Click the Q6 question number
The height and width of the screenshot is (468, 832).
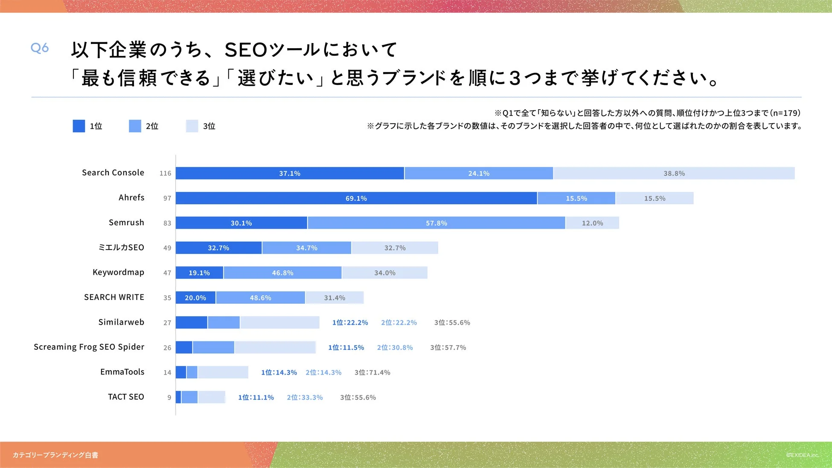point(40,48)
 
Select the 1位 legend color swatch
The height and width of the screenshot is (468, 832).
point(79,126)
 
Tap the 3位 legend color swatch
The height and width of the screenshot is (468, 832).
point(192,126)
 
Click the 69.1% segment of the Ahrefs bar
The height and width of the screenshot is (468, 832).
point(356,198)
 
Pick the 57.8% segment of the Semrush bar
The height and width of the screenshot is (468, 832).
point(436,223)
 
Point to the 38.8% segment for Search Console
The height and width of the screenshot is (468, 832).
point(674,173)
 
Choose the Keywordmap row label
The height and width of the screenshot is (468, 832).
point(118,272)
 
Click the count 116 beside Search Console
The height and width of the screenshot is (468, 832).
point(165,173)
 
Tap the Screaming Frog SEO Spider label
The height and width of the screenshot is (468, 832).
point(89,347)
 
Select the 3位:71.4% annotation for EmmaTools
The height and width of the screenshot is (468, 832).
point(372,372)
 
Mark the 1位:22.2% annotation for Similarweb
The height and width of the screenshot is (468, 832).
point(350,323)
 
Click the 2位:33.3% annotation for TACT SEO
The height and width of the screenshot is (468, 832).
point(305,397)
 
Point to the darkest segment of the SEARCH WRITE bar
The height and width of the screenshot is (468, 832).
point(195,298)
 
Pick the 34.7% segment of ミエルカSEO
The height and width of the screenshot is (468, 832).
point(307,248)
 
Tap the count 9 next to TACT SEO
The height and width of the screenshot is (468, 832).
point(169,398)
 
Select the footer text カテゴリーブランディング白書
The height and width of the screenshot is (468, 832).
point(55,455)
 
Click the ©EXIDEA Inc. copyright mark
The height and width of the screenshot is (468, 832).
point(803,455)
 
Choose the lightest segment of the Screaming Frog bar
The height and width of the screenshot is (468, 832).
point(275,348)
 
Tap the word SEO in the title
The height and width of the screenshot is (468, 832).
point(246,50)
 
